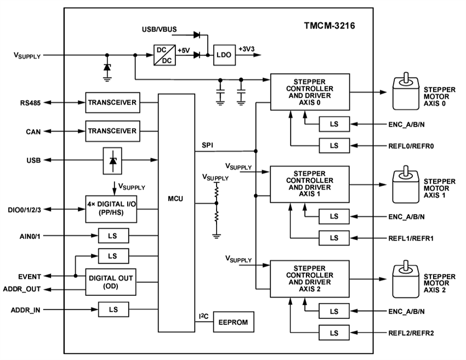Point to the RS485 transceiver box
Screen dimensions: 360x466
[x=112, y=102]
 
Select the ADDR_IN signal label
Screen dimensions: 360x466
[x=26, y=310]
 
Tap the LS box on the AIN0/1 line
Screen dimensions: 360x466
[x=113, y=237]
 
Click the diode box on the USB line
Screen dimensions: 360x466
[x=113, y=160]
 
